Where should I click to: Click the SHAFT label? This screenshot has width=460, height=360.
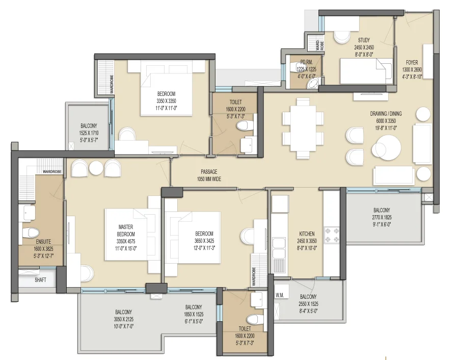pos(40,280)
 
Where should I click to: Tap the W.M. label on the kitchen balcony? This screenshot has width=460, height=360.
pos(280,294)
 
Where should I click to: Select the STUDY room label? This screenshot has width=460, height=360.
pos(364,40)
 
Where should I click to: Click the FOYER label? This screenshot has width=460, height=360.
pos(412,63)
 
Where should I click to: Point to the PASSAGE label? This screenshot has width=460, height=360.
pos(209,172)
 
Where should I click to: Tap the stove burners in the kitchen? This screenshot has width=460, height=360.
pos(332,235)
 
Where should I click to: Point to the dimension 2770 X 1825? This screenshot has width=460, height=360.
pos(382,217)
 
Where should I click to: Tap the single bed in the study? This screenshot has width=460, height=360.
pos(365,70)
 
